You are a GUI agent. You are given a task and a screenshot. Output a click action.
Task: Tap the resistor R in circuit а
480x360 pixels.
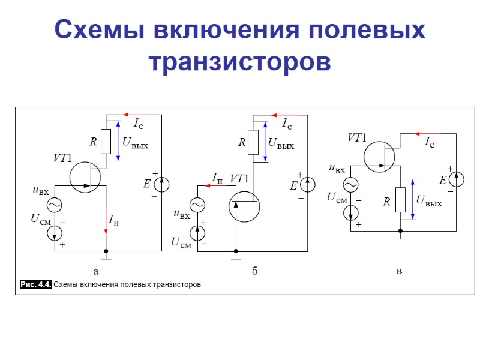tap(106, 142)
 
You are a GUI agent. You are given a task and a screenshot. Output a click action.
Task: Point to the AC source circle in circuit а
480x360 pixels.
tap(55, 205)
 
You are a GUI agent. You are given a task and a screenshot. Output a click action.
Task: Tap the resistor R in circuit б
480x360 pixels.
tap(253, 142)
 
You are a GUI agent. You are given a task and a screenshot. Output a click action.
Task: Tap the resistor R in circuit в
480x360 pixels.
tap(400, 199)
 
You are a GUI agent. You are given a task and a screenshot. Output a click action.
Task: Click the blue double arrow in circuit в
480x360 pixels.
tap(412, 200)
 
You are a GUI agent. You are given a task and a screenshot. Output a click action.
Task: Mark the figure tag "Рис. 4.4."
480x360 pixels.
tap(36, 284)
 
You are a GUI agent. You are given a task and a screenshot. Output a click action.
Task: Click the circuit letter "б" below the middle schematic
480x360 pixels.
tap(254, 272)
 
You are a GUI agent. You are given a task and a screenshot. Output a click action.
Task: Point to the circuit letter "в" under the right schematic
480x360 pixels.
tap(400, 272)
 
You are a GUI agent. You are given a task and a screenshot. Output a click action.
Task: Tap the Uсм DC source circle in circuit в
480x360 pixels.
tap(351, 211)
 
